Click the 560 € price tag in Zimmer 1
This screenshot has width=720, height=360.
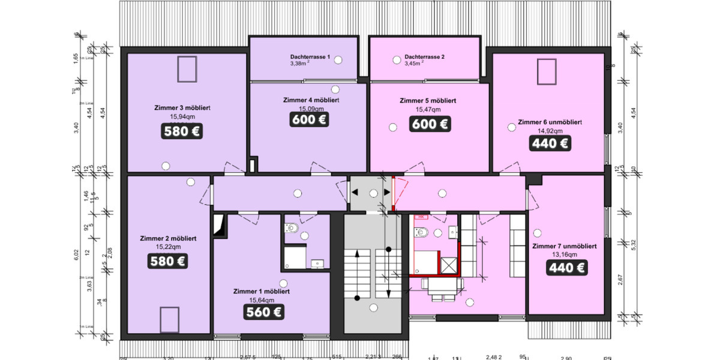tap(263, 311)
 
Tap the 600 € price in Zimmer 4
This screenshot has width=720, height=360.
tap(310, 119)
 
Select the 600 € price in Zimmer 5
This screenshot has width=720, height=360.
tap(430, 124)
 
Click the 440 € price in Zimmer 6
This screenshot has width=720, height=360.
tap(550, 143)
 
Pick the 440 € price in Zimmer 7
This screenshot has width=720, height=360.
tap(566, 268)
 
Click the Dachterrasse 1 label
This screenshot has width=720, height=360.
tap(310, 56)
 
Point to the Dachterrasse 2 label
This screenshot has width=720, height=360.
tap(425, 56)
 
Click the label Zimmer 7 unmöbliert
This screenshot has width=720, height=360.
tap(564, 246)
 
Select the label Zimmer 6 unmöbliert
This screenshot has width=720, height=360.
tap(549, 122)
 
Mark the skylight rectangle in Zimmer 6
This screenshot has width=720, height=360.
tap(547, 73)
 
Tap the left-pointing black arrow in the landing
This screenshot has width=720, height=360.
tap(355, 193)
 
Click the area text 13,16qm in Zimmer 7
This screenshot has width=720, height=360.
tap(564, 254)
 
